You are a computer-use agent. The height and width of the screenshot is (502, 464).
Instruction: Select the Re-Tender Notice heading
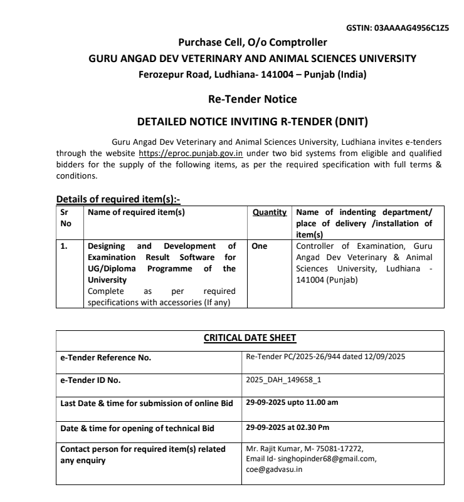click(252, 99)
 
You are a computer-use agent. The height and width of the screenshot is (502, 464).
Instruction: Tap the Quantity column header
click(270, 212)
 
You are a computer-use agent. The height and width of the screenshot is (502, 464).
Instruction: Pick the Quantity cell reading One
click(259, 246)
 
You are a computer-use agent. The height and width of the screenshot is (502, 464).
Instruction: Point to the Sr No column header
click(66, 217)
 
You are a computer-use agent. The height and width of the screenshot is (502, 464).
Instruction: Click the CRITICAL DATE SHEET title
click(250, 338)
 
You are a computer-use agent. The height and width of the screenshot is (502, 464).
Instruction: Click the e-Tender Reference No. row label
click(105, 358)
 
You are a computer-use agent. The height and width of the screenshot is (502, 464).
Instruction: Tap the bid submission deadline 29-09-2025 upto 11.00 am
click(292, 402)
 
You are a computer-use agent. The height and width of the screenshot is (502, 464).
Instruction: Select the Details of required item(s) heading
click(118, 199)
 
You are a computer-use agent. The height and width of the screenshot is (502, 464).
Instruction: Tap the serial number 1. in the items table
click(64, 246)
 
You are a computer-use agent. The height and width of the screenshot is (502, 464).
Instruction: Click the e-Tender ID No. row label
click(90, 380)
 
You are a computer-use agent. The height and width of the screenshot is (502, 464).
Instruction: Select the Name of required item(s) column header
click(136, 212)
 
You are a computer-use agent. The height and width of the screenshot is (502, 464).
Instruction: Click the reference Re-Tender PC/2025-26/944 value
click(298, 357)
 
